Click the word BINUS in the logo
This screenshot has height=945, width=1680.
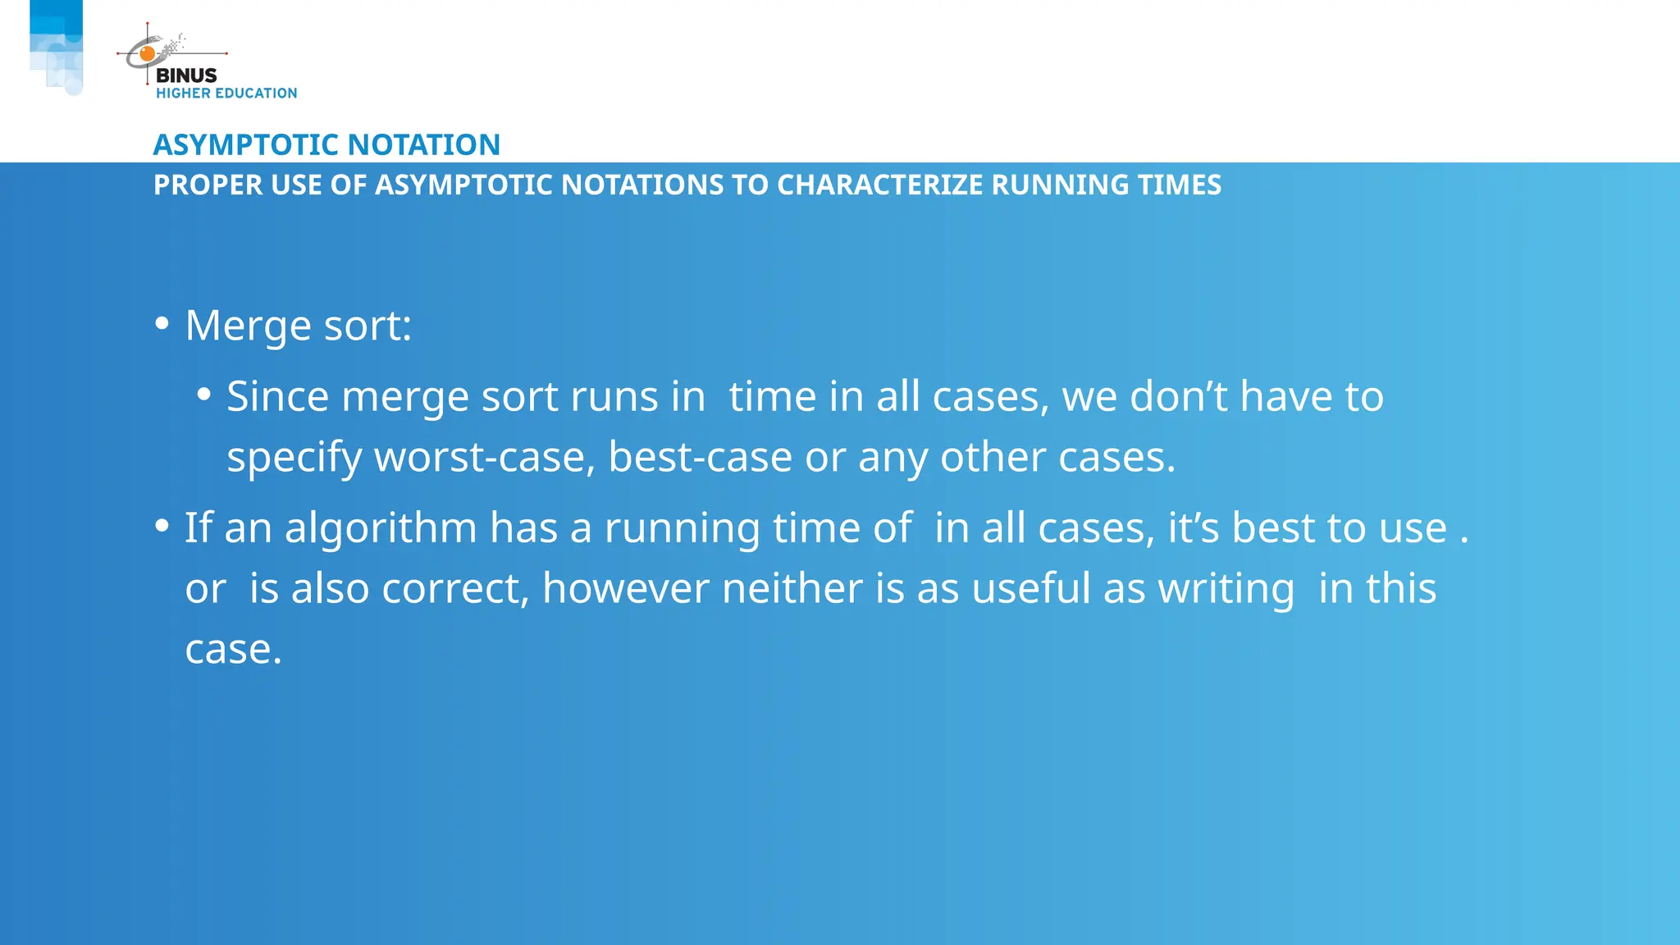click(186, 75)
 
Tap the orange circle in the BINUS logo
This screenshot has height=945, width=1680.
click(148, 54)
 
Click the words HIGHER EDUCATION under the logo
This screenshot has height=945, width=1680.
click(226, 94)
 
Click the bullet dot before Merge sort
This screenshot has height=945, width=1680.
click(162, 323)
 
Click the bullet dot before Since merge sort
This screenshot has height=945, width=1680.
click(203, 395)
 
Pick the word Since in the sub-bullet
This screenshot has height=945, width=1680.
click(277, 397)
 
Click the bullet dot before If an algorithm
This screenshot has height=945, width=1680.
click(162, 525)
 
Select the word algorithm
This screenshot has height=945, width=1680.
click(381, 528)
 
